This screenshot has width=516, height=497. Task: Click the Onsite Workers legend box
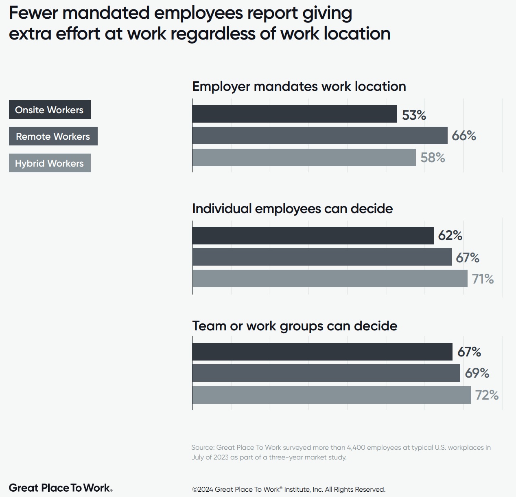point(50,110)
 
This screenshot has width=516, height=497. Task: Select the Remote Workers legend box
point(53,136)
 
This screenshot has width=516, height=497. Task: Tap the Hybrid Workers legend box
point(50,163)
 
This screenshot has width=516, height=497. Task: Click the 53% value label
point(414,115)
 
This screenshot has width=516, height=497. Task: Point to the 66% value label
point(464,136)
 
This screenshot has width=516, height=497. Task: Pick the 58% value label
point(433,158)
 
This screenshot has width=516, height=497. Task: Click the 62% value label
point(450,235)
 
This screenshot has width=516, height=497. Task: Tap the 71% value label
point(483,279)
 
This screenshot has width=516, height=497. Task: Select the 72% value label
point(487,395)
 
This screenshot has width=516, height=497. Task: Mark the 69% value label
point(477,373)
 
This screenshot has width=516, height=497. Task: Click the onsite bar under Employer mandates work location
point(294,114)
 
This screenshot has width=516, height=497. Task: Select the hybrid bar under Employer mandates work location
point(304,157)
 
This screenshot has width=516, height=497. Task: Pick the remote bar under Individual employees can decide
point(321,257)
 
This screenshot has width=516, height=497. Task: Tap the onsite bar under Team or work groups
point(322,352)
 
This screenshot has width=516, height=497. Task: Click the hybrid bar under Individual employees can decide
point(330,279)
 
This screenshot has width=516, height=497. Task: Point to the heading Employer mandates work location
point(299,86)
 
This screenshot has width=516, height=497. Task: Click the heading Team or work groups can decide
point(295,326)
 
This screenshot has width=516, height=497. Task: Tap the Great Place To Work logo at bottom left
point(60,488)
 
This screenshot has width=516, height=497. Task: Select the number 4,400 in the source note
point(356,447)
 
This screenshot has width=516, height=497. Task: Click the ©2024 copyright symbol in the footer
point(195,490)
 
